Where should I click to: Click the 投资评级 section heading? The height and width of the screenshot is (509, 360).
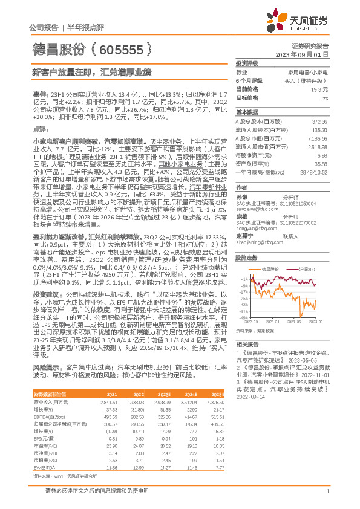click(247, 63)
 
